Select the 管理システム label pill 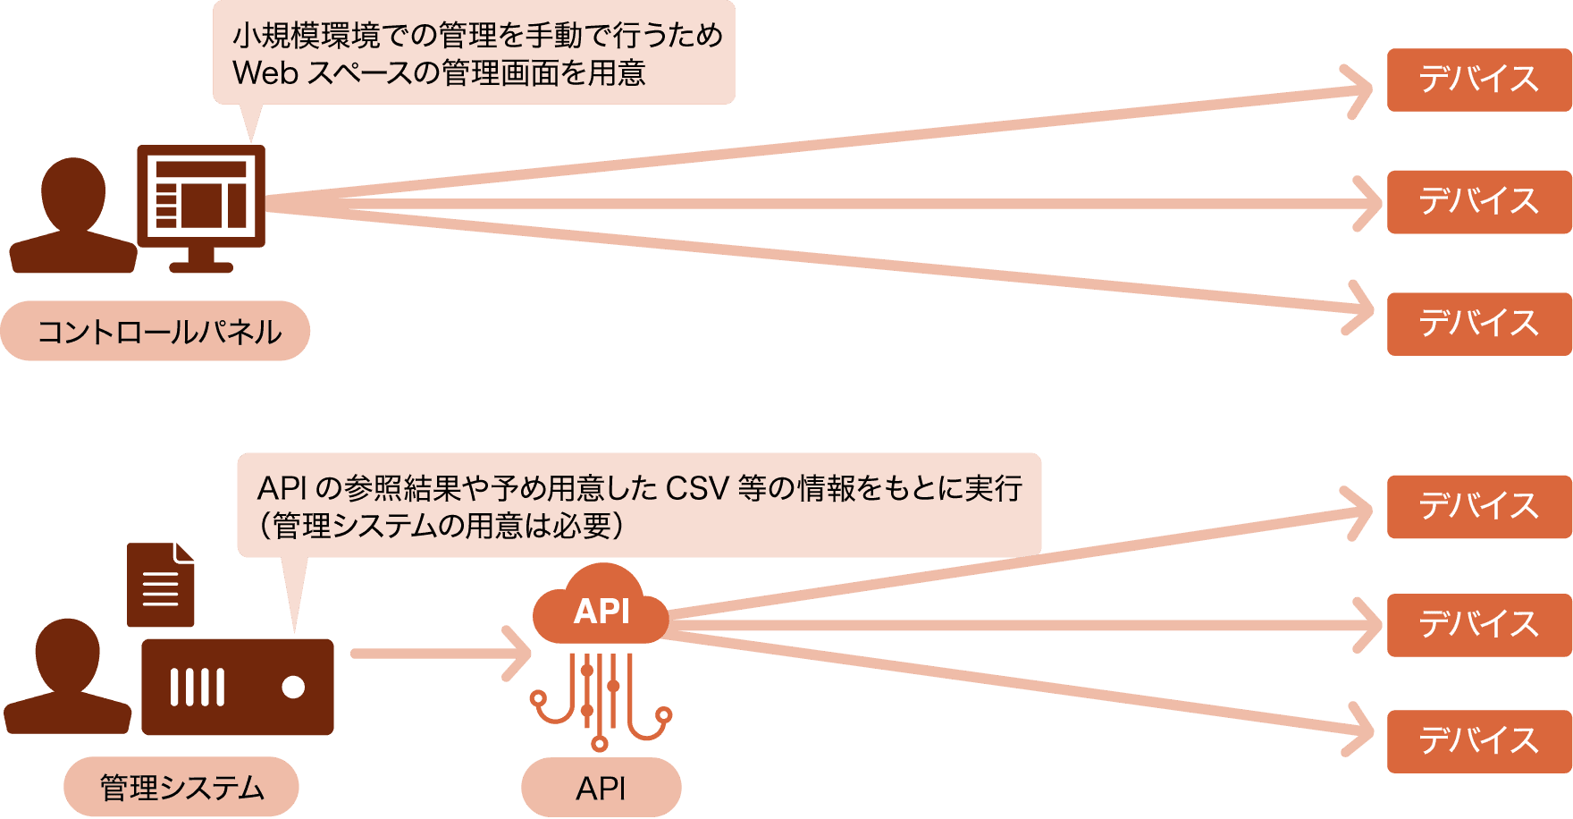click(181, 787)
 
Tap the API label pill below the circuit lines click(601, 788)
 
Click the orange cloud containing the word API click(601, 608)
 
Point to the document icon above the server click(161, 585)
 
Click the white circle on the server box click(293, 687)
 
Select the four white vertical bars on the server click(197, 687)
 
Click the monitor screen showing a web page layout click(201, 194)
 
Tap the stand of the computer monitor click(201, 261)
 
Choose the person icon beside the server click(68, 680)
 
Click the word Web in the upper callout click(265, 73)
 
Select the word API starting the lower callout click(282, 488)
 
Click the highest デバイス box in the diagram click(1479, 80)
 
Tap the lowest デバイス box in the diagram click(1479, 741)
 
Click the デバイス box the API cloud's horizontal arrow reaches click(1479, 625)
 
